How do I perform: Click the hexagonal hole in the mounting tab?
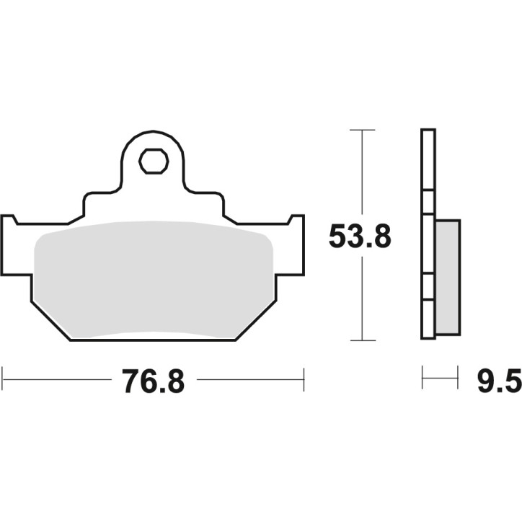pyautogui.click(x=152, y=162)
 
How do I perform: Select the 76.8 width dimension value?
pyautogui.click(x=154, y=380)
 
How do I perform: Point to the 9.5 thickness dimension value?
pyautogui.click(x=498, y=380)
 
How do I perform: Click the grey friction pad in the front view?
pyautogui.click(x=153, y=278)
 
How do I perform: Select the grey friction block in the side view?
pyautogui.click(x=447, y=277)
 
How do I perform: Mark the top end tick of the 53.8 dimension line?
pyautogui.click(x=362, y=130)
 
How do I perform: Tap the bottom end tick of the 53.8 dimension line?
pyautogui.click(x=362, y=340)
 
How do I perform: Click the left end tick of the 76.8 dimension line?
pyautogui.click(x=3, y=379)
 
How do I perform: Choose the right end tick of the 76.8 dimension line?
pyautogui.click(x=304, y=379)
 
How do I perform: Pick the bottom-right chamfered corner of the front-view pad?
pyautogui.click(x=257, y=321)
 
